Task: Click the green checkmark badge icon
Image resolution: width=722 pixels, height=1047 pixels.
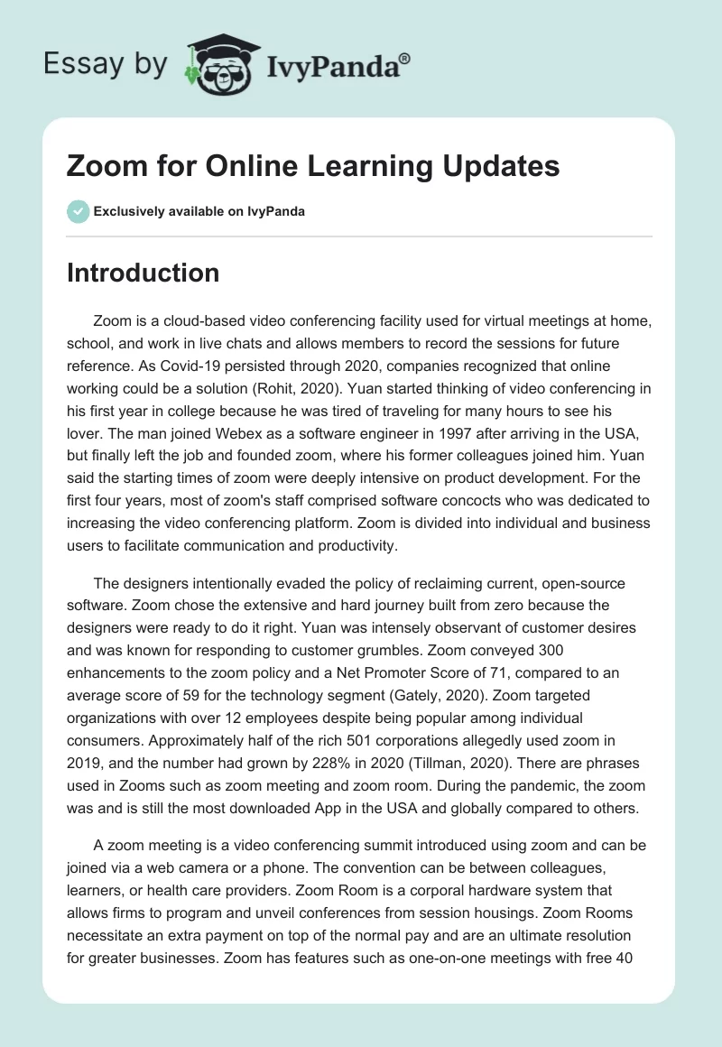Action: click(78, 211)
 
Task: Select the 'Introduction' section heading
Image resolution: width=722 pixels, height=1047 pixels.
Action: click(143, 273)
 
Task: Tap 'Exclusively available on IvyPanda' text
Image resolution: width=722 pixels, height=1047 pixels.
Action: click(199, 211)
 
